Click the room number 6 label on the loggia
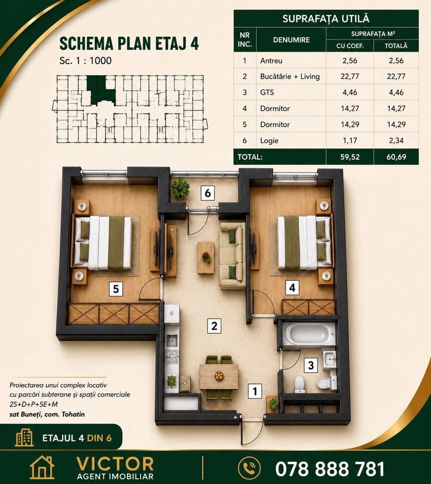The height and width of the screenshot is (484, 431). [207, 193]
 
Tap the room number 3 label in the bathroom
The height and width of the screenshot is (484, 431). [310, 365]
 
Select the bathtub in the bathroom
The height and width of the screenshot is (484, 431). [309, 334]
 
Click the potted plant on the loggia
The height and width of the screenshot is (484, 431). [180, 188]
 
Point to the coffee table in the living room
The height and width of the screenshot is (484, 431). [205, 258]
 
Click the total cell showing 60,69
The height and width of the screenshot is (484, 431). [396, 157]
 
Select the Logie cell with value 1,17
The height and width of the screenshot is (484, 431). [350, 140]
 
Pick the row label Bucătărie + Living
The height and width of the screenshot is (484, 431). [290, 77]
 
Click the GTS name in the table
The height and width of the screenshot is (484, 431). [267, 92]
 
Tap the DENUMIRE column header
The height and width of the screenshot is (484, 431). [291, 40]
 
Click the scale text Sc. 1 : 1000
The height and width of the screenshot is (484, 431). [85, 60]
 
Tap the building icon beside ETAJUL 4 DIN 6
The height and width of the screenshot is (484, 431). [24, 438]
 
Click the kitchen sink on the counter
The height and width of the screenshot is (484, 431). [172, 340]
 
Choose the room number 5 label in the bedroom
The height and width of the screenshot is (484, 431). [116, 289]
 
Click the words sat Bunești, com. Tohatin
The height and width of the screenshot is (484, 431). [47, 414]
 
